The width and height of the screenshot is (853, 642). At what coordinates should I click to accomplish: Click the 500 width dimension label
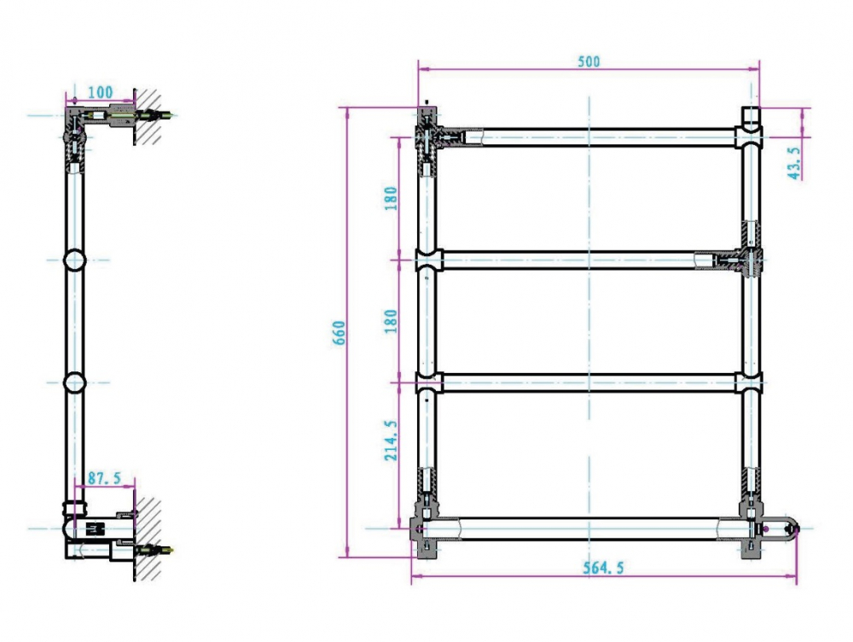(589, 61)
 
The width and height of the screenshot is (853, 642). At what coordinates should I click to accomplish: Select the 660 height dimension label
(339, 332)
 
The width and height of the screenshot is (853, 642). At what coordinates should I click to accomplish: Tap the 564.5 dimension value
(603, 568)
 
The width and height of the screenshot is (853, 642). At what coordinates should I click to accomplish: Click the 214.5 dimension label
(391, 440)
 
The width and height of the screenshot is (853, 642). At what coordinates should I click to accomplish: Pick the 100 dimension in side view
(100, 92)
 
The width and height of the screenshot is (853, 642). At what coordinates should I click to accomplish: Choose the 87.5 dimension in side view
(104, 478)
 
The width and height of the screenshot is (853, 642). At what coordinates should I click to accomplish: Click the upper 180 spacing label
(391, 198)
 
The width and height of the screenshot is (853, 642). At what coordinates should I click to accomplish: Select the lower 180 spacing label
(391, 321)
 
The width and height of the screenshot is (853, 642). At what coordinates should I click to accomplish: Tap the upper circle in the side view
(74, 260)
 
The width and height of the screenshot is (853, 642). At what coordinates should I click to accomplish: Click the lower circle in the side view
(74, 382)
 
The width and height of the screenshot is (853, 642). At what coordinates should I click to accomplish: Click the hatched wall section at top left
(148, 116)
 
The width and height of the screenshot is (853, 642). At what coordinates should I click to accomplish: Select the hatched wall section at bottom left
(148, 538)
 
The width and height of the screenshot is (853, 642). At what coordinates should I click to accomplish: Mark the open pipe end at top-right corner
(751, 120)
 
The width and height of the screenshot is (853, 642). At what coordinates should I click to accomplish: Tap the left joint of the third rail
(429, 382)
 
